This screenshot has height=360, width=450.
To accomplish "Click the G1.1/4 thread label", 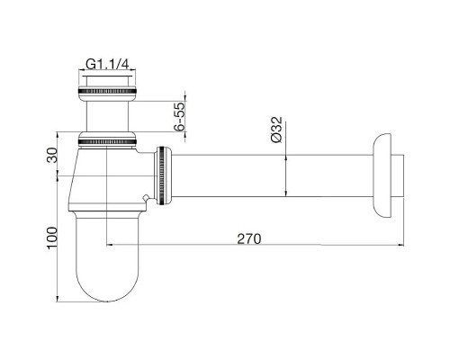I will click(108, 64).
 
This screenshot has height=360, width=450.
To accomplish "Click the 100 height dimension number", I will click(50, 238).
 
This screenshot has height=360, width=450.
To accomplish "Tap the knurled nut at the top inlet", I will click(108, 92).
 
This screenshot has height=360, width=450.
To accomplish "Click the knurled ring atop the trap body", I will click(108, 141).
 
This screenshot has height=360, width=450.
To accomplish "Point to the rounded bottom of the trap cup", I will click(108, 283).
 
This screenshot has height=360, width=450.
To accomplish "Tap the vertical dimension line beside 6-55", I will click(185, 117).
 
